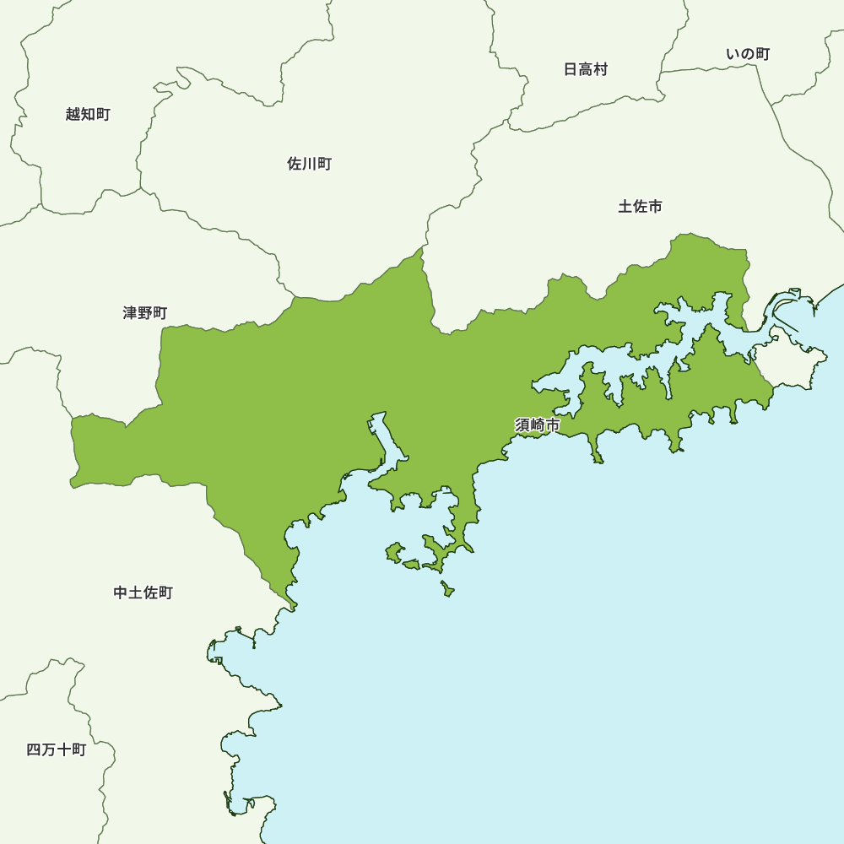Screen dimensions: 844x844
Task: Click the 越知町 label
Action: pyautogui.click(x=88, y=114)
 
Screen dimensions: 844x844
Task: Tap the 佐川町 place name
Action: pyautogui.click(x=309, y=164)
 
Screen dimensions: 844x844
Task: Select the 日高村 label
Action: pyautogui.click(x=585, y=69)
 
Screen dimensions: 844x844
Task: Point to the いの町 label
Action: pyautogui.click(x=748, y=54)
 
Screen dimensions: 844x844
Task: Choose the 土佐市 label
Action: pyautogui.click(x=640, y=206)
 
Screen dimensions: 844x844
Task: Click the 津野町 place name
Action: pyautogui.click(x=144, y=313)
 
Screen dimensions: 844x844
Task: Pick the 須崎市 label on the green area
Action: pyautogui.click(x=537, y=425)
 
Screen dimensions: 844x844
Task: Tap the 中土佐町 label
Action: pyautogui.click(x=143, y=592)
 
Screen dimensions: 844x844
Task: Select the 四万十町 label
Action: pyautogui.click(x=56, y=749)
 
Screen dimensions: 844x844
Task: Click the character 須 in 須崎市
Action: pyautogui.click(x=522, y=425)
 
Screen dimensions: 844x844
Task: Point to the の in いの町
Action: pyautogui.click(x=748, y=54)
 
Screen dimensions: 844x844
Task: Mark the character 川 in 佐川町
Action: pyautogui.click(x=309, y=164)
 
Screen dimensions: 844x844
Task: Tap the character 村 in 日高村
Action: pyautogui.click(x=600, y=69)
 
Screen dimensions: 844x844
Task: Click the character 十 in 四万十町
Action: pyautogui.click(x=63, y=749)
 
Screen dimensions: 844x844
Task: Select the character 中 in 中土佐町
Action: pyautogui.click(x=121, y=592)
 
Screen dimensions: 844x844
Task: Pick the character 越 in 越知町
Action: pyautogui.click(x=73, y=114)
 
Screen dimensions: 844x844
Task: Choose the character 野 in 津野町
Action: pyautogui.click(x=144, y=313)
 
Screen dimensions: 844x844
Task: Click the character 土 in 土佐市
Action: pyautogui.click(x=625, y=206)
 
